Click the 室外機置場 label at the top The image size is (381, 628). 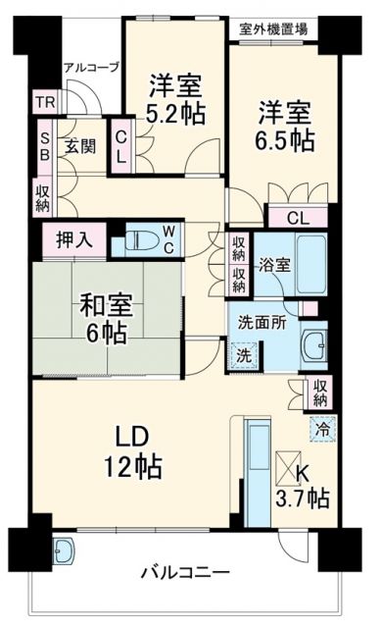276,27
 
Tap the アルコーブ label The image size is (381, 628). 91,67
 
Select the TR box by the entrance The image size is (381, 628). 45,103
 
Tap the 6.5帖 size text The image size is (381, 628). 287,138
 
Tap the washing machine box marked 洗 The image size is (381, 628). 243,354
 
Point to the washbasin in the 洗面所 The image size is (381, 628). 316,345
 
